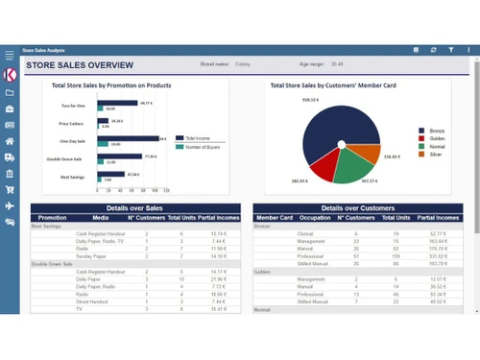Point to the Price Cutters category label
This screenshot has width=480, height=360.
[72, 123]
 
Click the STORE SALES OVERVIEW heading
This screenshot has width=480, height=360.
[80, 64]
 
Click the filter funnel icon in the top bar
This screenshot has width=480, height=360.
[451, 49]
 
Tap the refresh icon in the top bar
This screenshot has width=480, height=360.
[434, 49]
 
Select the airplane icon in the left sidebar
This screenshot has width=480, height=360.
[10, 205]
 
